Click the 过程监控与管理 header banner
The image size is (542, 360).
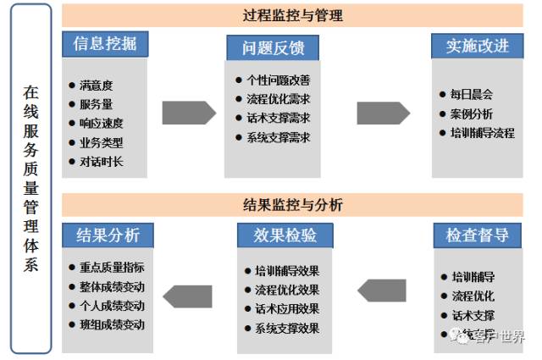coord(292,15)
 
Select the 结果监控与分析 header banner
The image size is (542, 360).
coord(292,205)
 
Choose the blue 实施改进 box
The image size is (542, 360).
coord(478,46)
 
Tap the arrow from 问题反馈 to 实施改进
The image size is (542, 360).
coord(383,113)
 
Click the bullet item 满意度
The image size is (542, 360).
coord(96,86)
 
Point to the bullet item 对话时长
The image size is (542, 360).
coord(101,161)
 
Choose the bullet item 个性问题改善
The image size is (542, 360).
coord(278,80)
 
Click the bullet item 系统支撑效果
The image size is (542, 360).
coord(286,328)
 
